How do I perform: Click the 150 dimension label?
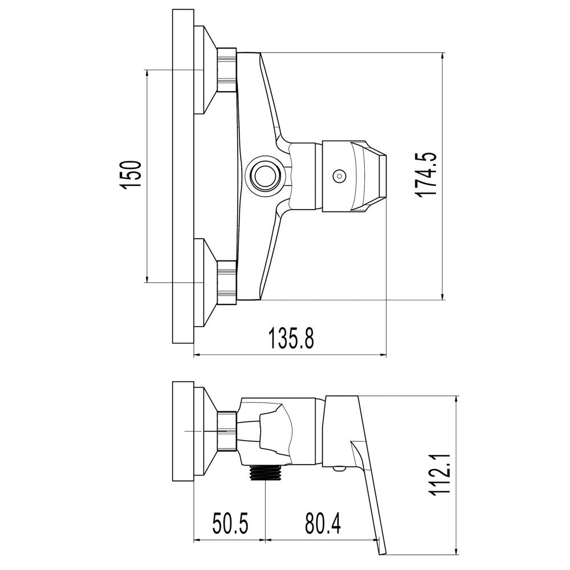[x=131, y=174]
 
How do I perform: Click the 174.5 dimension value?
[x=425, y=174]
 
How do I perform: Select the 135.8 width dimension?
[x=291, y=337]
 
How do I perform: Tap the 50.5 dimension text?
[x=230, y=524]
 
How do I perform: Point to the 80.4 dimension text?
[x=323, y=524]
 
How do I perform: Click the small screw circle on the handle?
[x=339, y=176]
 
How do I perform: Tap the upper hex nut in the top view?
[x=227, y=70]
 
